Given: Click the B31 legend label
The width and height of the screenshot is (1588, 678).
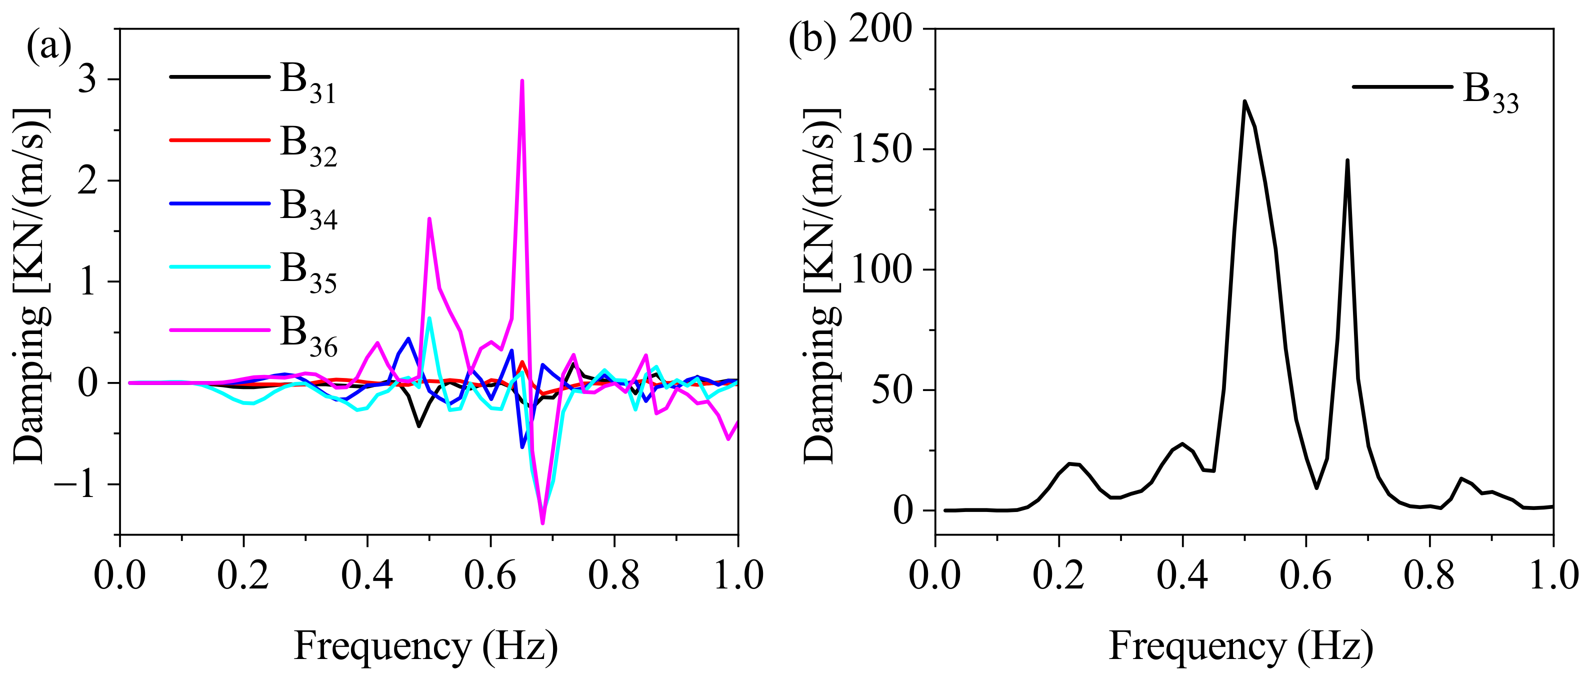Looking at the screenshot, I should point(307,83).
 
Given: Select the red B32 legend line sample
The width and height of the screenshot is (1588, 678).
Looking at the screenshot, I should point(219,140).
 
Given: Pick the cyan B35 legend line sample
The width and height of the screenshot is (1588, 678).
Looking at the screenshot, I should point(219,267).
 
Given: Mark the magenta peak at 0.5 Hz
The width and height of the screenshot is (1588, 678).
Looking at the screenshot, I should point(429,219).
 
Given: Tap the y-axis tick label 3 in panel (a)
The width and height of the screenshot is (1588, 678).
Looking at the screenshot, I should point(87,79).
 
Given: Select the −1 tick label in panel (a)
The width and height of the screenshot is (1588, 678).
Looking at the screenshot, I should point(75,484).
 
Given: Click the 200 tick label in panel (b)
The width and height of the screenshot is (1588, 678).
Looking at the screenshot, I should point(881,29).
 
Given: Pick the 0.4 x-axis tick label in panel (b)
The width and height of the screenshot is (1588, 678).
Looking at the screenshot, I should point(1182,575).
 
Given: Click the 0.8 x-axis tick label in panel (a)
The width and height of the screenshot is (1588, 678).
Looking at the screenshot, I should point(613,575).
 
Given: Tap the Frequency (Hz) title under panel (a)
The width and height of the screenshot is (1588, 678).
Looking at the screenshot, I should point(426,646).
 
